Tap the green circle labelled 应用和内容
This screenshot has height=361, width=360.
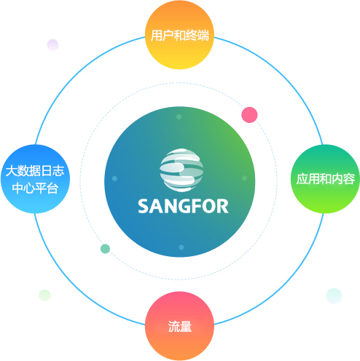point(325,179)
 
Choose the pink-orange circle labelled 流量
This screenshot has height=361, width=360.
point(179,327)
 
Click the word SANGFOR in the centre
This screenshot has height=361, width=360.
point(183,205)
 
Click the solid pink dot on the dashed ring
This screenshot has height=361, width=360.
point(250,114)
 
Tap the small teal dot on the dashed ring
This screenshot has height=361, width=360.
point(105,249)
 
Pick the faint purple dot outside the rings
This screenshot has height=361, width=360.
point(52,45)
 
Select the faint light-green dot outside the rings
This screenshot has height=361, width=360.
point(44,295)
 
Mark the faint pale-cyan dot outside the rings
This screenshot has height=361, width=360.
point(334,295)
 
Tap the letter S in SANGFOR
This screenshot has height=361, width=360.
point(144,205)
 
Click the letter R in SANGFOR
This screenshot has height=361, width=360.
point(222,205)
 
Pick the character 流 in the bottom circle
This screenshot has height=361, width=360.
point(173,327)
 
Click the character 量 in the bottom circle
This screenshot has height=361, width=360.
point(186,327)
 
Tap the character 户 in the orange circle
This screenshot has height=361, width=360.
point(167,34)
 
